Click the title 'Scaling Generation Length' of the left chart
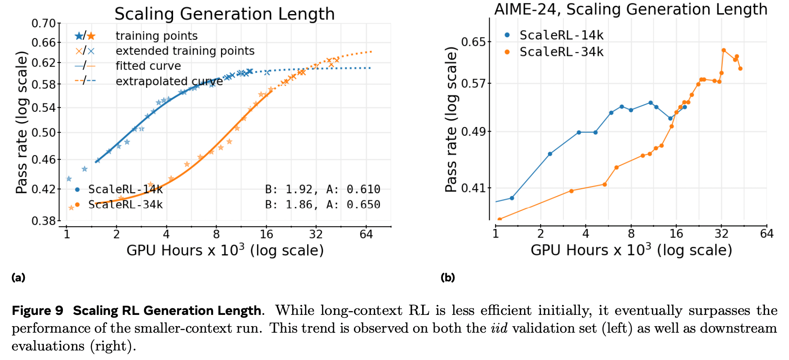[x=224, y=14]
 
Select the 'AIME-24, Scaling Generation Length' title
[x=630, y=9]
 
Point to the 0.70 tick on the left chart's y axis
[x=43, y=23]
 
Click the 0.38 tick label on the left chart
[x=43, y=221]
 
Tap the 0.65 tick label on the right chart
[x=473, y=42]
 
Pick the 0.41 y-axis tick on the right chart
[x=473, y=188]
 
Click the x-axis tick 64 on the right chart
[x=766, y=234]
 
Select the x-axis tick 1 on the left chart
[x=67, y=234]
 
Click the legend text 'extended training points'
[x=185, y=51]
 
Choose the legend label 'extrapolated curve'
[x=169, y=81]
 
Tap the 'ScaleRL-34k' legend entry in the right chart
[x=561, y=52]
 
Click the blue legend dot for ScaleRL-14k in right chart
[x=507, y=35]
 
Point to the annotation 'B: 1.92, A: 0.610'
[x=322, y=189]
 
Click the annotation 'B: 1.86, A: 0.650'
[x=322, y=204]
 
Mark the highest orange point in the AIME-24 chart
[x=724, y=50]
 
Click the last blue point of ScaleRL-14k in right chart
[x=685, y=107]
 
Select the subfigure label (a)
[x=19, y=277]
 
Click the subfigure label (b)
[x=447, y=277]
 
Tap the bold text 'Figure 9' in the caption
[x=37, y=310]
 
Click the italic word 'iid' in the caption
[x=499, y=328]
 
